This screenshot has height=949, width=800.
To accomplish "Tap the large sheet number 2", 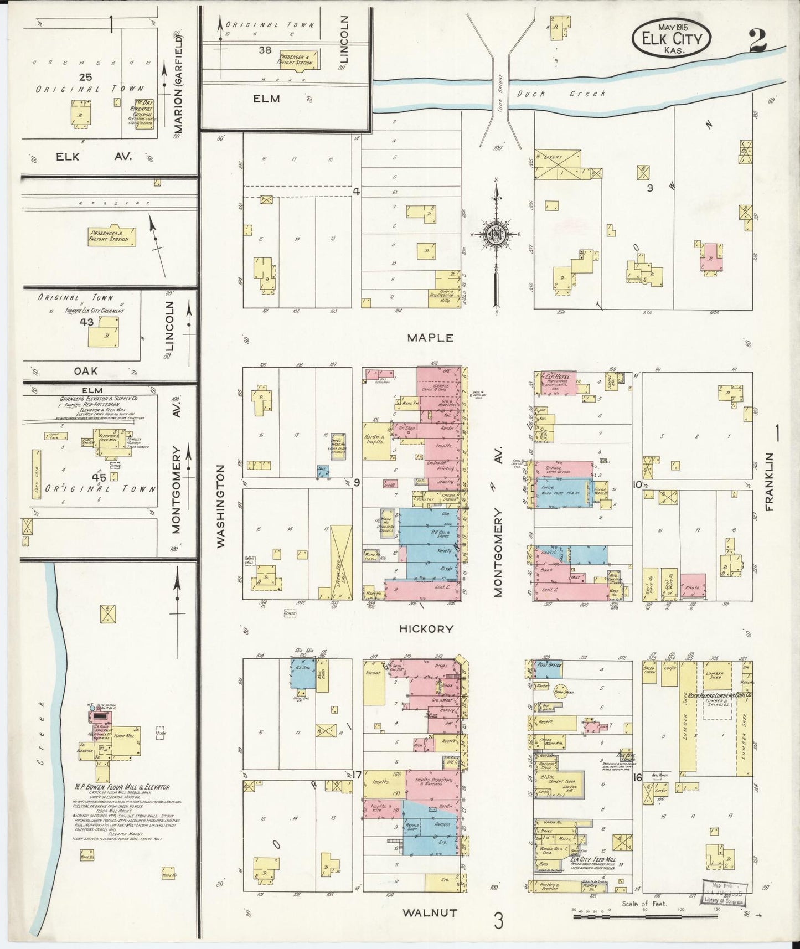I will [x=757, y=41].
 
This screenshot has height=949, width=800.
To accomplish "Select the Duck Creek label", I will [x=561, y=94].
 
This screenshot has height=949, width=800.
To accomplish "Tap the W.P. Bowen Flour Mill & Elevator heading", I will [x=123, y=787].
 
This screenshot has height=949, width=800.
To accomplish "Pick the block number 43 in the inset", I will [x=86, y=322].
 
